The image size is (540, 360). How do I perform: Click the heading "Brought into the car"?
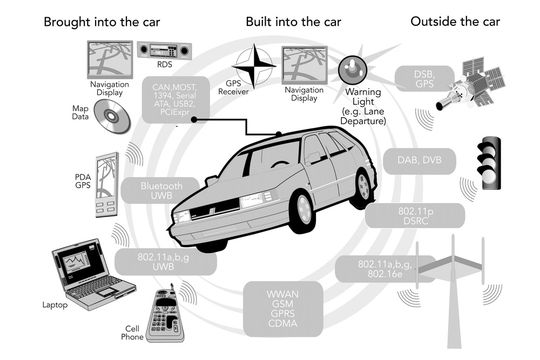(102, 22)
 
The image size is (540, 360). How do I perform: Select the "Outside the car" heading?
(455, 22)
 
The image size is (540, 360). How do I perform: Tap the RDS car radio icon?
(164, 50)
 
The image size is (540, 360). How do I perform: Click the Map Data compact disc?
(112, 116)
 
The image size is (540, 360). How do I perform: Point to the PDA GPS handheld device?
(107, 185)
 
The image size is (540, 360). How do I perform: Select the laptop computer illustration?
(93, 275)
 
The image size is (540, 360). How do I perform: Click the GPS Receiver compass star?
(254, 66)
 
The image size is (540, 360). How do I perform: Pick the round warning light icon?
(352, 70)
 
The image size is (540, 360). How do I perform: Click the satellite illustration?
(471, 84)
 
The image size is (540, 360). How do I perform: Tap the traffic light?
(489, 163)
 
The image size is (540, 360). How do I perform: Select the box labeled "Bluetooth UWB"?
(160, 191)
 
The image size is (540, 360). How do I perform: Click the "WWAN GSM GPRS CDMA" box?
(283, 309)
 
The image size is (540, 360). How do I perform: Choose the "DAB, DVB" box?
(419, 161)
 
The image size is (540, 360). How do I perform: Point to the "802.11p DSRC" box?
(415, 216)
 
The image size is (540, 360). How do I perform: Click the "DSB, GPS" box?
(424, 79)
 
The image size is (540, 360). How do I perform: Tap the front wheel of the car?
(303, 211)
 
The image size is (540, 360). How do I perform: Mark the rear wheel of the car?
(362, 188)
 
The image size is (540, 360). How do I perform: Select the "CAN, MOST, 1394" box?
(176, 100)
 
